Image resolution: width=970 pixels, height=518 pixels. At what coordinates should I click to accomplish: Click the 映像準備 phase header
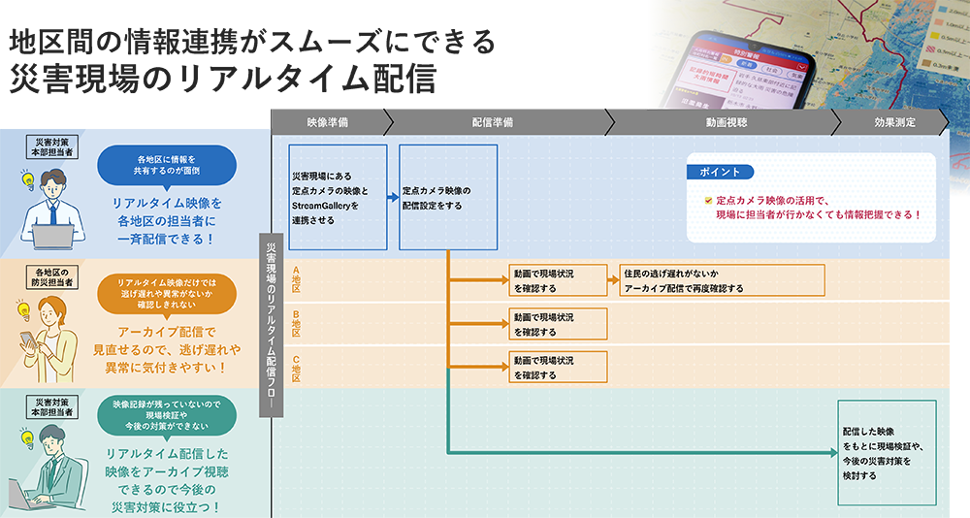[327, 122]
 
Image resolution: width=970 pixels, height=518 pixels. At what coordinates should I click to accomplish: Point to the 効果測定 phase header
[889, 122]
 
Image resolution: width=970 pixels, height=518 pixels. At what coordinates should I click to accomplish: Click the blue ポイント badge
[721, 172]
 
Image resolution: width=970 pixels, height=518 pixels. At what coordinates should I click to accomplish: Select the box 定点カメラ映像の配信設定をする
[448, 197]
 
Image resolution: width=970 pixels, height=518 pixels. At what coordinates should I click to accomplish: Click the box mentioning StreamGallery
[338, 197]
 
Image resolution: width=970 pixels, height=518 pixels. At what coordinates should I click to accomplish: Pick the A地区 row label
[297, 280]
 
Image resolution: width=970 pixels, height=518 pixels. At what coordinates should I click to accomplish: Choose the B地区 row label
[297, 324]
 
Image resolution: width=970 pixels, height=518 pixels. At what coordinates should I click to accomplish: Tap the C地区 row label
[297, 368]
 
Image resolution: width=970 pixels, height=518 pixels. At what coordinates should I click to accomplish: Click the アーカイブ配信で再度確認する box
[722, 280]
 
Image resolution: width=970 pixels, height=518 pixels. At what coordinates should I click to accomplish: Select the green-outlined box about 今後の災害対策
[887, 452]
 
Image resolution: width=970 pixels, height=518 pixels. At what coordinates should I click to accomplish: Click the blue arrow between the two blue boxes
[393, 197]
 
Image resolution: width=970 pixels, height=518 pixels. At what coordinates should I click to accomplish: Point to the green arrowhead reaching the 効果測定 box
[832, 452]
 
